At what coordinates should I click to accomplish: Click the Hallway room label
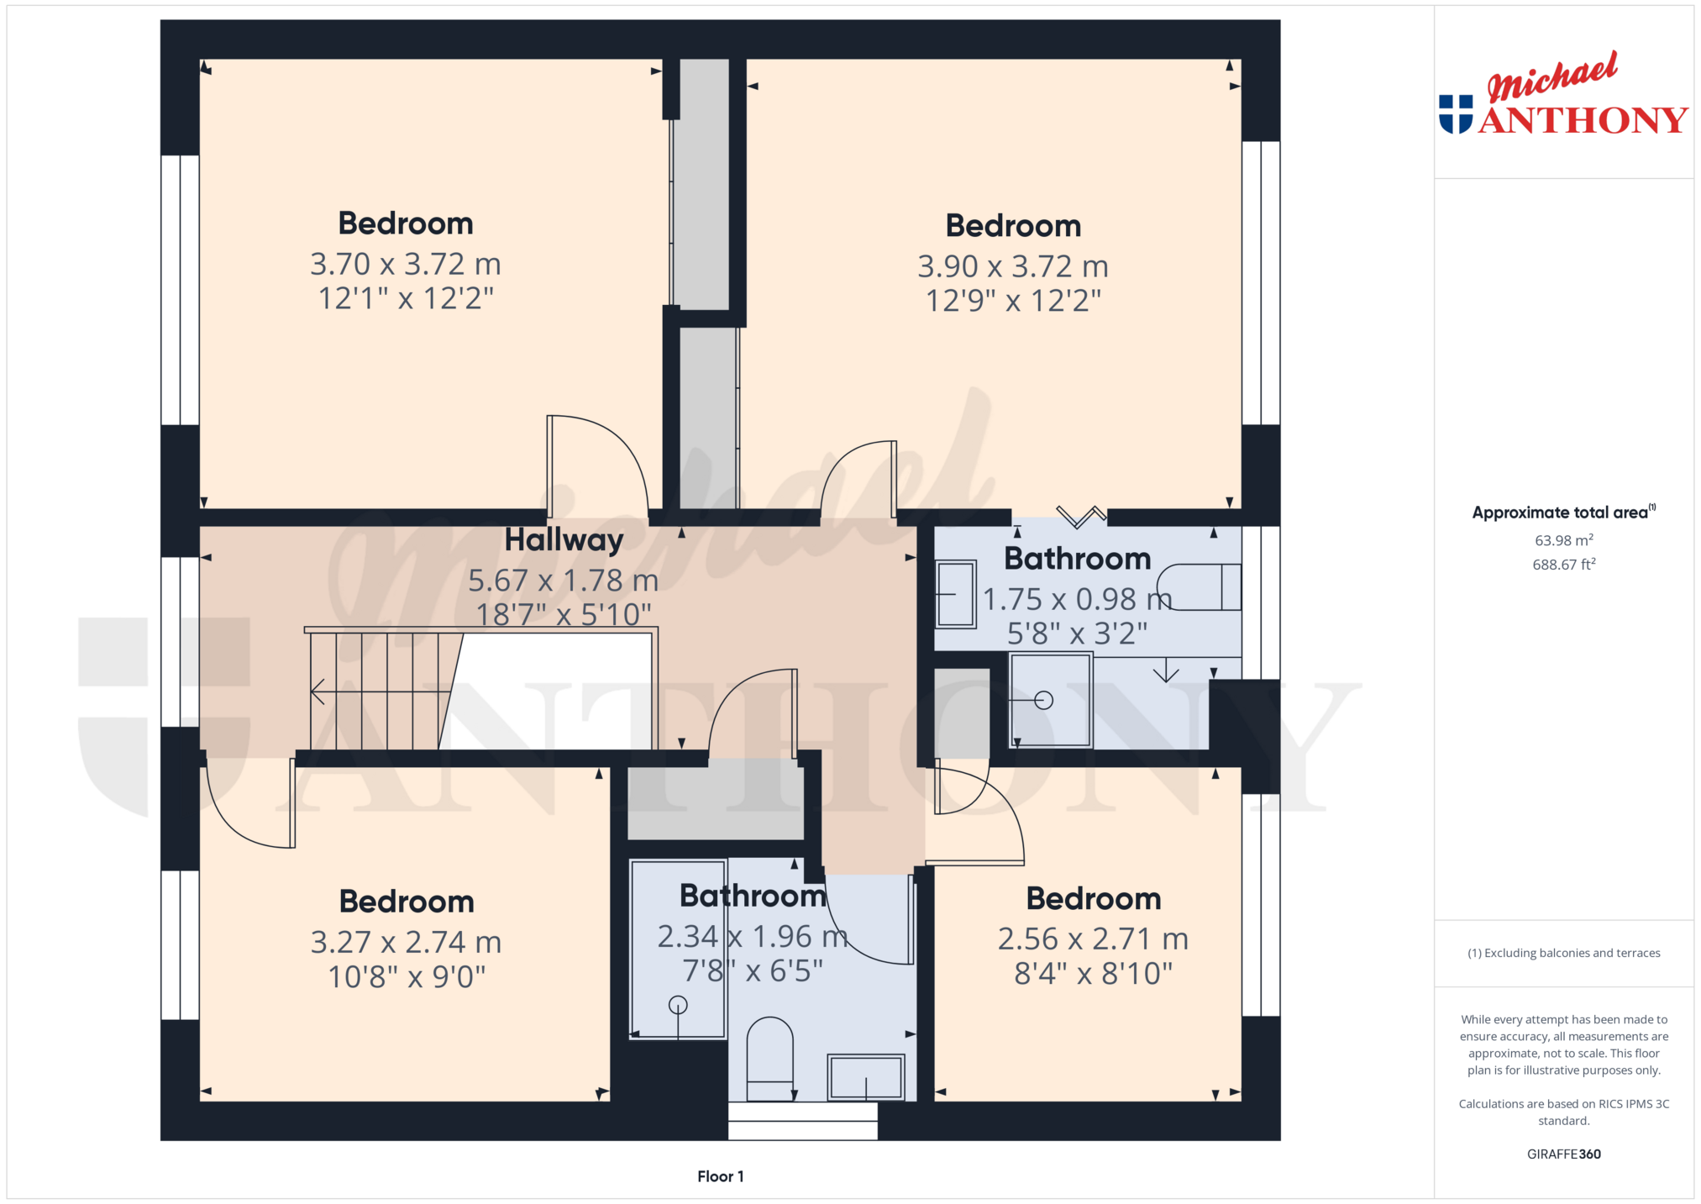coord(564,540)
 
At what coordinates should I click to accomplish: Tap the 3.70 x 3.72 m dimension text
coord(406,264)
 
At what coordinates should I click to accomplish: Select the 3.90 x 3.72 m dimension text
coord(1013,266)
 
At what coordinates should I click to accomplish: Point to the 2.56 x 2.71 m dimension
coord(1093,938)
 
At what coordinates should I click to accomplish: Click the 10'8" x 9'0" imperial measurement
coord(407,976)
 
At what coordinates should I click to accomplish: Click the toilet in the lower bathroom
coord(769,1058)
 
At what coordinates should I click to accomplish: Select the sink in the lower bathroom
coord(866,1076)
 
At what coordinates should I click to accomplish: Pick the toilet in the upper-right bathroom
coord(1199,586)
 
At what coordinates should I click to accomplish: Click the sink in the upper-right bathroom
coord(956,594)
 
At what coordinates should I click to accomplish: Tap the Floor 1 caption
coord(721,1176)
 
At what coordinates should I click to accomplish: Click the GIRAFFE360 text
coord(1564,1154)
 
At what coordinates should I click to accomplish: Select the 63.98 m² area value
coord(1564,540)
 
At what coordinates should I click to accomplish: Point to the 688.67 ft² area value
coord(1564,565)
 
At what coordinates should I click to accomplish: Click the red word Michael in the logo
coord(1552,76)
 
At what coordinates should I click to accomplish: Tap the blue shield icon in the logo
coord(1456,114)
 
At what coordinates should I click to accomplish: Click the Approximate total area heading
coord(1563,512)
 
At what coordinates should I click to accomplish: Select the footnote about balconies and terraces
coord(1564,953)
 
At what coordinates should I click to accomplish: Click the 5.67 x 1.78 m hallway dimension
coord(563,581)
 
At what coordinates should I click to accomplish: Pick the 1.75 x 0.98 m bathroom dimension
coord(1078,599)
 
